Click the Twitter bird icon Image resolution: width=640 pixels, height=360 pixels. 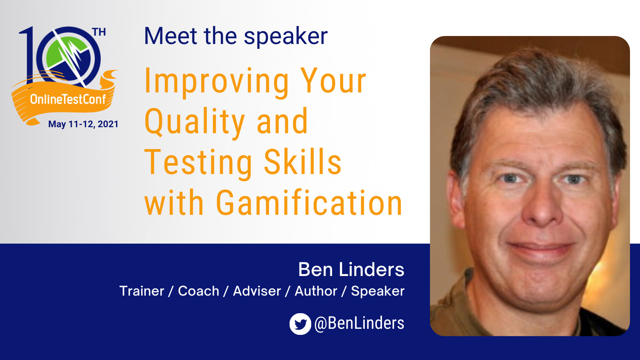pos(300,324)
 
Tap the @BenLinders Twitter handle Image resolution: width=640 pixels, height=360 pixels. pos(359,324)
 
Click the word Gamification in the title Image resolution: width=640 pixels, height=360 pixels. pos(309,202)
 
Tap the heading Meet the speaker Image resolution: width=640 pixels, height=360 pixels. pos(236,36)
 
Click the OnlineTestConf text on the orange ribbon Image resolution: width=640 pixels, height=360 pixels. pos(68,100)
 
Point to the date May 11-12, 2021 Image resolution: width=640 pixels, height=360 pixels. pos(83,124)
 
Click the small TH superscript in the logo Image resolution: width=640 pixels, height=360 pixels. pos(99,32)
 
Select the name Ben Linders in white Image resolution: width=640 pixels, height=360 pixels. pos(351,269)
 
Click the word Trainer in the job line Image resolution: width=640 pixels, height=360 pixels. pos(142,291)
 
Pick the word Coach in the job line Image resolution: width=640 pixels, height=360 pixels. pos(198,291)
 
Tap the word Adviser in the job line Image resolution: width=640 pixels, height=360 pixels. pos(257,291)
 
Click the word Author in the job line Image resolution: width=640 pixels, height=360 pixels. pos(316,291)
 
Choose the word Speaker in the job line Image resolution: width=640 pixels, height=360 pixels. pos(378,292)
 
